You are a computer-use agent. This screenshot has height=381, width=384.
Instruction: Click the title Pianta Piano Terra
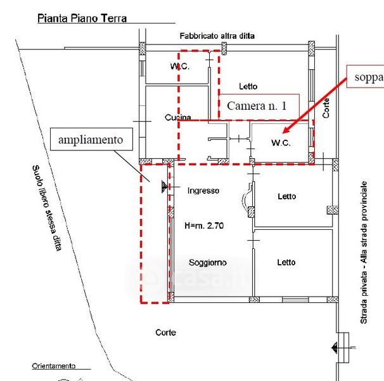(x=82, y=18)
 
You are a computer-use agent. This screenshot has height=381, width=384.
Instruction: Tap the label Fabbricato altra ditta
(x=217, y=36)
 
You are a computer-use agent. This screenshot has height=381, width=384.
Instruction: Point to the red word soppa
(x=369, y=77)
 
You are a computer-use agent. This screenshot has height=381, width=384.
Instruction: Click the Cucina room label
(x=178, y=117)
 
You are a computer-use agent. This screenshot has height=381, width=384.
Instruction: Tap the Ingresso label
(x=203, y=190)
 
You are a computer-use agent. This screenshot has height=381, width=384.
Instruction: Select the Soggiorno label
(x=207, y=262)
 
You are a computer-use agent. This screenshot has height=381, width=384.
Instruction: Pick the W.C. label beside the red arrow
(x=281, y=143)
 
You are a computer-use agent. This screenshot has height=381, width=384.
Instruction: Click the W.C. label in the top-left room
(x=179, y=67)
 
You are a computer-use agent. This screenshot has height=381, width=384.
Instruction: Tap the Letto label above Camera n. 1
(x=248, y=86)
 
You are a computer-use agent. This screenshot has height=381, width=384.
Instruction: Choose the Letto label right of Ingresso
(x=286, y=196)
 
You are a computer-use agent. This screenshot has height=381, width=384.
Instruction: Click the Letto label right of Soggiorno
(x=286, y=262)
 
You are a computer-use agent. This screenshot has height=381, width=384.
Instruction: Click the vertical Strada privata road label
(x=365, y=252)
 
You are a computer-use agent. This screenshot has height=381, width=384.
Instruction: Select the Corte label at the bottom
(x=165, y=332)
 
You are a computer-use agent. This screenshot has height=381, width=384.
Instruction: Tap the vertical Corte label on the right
(x=326, y=107)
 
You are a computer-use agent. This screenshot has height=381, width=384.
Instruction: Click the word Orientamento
(x=54, y=366)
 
